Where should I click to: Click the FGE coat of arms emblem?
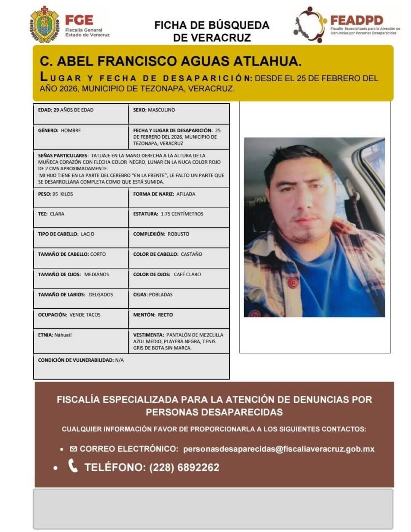44,25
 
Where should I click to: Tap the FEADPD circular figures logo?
310,25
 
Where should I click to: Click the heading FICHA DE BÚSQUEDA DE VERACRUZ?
212,31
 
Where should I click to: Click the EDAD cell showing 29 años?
81,113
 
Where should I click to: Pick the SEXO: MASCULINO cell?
179,113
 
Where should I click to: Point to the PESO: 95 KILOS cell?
81,197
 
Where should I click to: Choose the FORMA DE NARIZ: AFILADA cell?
179,197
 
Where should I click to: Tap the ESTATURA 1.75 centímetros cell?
179,217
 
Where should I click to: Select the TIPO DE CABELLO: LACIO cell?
81,238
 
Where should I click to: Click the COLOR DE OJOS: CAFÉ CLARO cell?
179,278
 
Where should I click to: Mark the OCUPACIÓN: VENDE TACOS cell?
81,318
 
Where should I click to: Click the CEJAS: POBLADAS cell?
179,298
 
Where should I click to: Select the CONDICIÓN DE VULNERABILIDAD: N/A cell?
131,366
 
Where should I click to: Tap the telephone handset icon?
73,466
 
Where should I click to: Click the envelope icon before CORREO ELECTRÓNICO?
74,449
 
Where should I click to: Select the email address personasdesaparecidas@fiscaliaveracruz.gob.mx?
279,449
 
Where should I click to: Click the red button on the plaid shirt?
292,282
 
